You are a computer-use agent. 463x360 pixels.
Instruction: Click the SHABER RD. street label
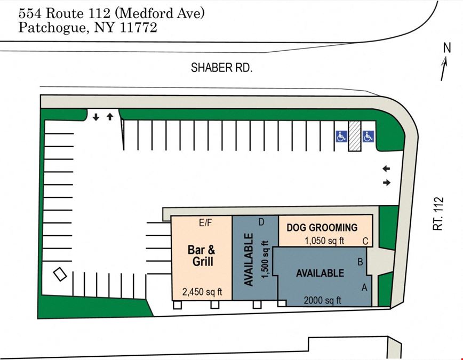click(x=221, y=68)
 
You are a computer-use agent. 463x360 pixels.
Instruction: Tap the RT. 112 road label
click(x=438, y=213)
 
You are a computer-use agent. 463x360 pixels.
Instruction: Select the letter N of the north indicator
click(x=448, y=47)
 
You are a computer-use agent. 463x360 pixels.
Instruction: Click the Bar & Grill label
click(x=202, y=255)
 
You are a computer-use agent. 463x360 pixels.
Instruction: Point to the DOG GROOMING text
click(x=322, y=227)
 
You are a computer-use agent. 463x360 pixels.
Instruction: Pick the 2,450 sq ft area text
click(x=202, y=292)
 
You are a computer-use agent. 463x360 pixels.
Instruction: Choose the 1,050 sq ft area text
click(x=324, y=241)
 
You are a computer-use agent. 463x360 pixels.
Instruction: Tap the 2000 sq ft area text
click(x=322, y=300)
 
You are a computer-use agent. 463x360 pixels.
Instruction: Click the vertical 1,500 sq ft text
click(x=266, y=259)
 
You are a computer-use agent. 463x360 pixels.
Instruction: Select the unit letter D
click(x=261, y=222)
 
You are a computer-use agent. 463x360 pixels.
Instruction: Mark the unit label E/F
click(x=205, y=223)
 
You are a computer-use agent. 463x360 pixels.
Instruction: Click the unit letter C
click(x=365, y=241)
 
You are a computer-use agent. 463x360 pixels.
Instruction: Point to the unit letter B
click(x=360, y=262)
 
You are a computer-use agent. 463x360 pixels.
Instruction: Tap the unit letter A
click(x=364, y=287)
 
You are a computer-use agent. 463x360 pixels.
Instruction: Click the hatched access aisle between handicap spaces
click(x=355, y=136)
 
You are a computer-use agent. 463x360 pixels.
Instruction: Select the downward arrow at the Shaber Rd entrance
click(x=95, y=117)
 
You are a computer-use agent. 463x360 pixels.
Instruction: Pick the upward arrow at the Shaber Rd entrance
click(x=110, y=117)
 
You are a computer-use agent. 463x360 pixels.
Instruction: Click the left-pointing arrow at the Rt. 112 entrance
click(x=386, y=169)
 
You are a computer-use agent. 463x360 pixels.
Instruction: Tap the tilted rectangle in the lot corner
click(x=60, y=274)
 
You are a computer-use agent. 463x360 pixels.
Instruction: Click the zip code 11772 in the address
click(x=139, y=28)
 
